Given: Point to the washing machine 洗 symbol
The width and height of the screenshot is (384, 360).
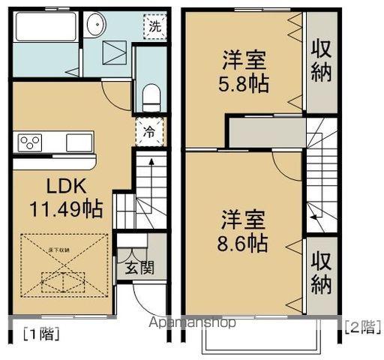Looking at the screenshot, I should (x=153, y=25).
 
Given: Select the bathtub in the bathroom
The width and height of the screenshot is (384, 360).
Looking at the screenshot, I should (x=44, y=30).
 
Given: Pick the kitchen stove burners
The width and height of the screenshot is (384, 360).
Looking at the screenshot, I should (x=31, y=142).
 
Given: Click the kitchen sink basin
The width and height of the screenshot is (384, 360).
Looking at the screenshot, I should (x=78, y=142).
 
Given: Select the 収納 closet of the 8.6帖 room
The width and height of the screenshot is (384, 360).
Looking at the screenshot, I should (x=322, y=274).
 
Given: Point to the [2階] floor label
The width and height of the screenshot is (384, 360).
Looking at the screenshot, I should (x=361, y=326).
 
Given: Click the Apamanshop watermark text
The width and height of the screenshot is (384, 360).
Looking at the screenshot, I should (x=192, y=322).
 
